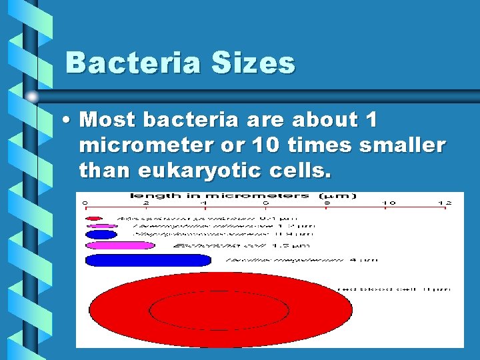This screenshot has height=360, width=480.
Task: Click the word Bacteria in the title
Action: coord(123,63)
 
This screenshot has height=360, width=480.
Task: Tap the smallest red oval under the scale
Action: coord(94,217)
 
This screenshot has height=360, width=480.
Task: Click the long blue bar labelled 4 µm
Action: coord(148,260)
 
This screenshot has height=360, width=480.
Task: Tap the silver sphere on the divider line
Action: coord(31,95)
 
